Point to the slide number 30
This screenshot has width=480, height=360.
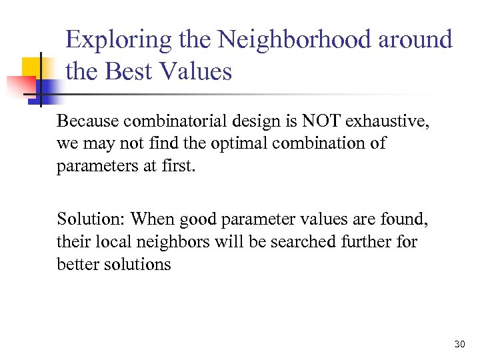tap(458, 344)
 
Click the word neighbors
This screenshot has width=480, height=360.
tap(181, 241)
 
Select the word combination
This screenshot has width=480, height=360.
tap(323, 143)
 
